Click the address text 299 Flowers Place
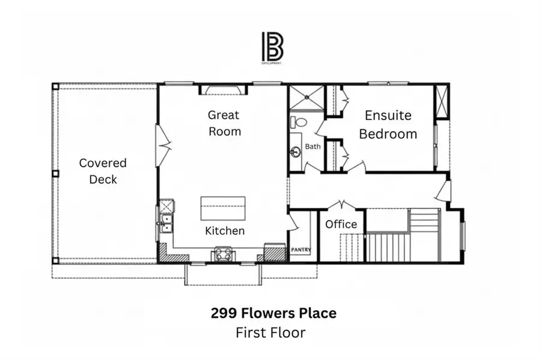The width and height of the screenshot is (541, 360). [x=274, y=313]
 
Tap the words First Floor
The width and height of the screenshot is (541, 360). [x=270, y=332]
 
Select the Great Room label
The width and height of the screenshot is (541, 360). [x=224, y=123]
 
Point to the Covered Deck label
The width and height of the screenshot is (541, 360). [x=103, y=171]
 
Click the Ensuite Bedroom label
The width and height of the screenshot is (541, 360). [x=388, y=124]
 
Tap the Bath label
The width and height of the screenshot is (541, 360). [x=313, y=146]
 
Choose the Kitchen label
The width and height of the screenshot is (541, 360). [x=225, y=230]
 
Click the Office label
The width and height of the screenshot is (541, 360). [x=341, y=224]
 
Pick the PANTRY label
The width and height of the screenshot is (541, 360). [x=301, y=249]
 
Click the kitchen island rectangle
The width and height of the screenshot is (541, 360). [x=223, y=209]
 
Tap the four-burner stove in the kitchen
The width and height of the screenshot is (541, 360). [x=221, y=254]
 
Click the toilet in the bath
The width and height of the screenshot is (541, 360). [x=298, y=122]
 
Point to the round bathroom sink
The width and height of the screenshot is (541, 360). [x=296, y=151]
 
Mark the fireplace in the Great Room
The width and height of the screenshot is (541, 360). [x=223, y=90]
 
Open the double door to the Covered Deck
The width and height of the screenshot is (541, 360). [x=163, y=145]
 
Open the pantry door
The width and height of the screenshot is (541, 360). [x=292, y=224]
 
